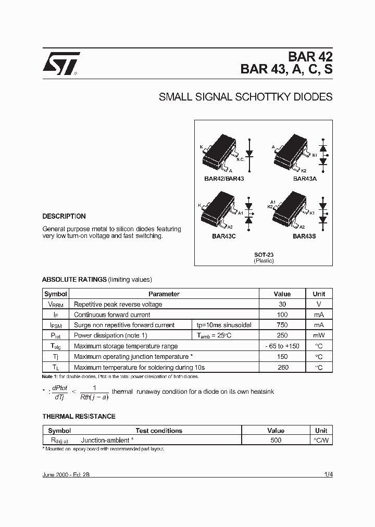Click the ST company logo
(x=60, y=63)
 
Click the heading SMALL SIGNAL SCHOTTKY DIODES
(x=245, y=97)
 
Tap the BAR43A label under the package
(x=305, y=179)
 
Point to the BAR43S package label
(x=305, y=236)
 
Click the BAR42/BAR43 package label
(x=224, y=179)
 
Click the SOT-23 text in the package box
(x=264, y=255)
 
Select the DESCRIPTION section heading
(x=64, y=216)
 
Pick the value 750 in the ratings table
(x=282, y=325)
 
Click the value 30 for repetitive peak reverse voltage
(x=282, y=304)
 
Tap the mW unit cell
(x=319, y=335)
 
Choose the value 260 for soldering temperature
(x=282, y=367)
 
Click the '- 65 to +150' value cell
(x=282, y=346)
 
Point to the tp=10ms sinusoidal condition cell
(x=224, y=325)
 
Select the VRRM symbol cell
(x=56, y=304)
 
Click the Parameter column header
(x=164, y=294)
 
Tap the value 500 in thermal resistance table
(x=276, y=440)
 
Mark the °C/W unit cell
(x=321, y=440)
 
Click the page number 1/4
(x=328, y=475)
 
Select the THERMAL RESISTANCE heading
(x=79, y=416)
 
